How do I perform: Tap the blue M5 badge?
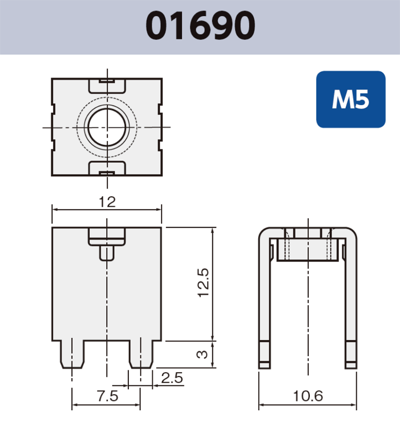[x=351, y=100]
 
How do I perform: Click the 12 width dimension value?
[x=107, y=202]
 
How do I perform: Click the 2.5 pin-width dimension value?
[x=172, y=378]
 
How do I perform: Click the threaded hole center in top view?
[x=107, y=127]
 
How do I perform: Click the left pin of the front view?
[x=72, y=353]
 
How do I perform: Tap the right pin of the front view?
[x=140, y=353]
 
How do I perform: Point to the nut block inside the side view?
[x=308, y=249]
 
